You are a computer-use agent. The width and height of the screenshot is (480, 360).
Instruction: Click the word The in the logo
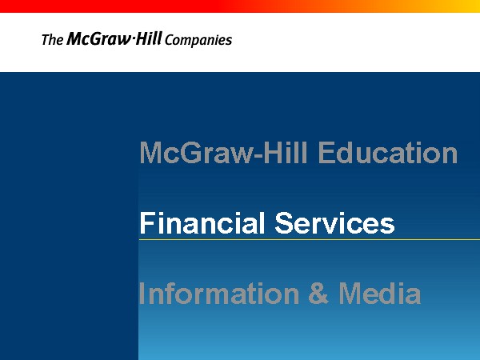(x=52, y=40)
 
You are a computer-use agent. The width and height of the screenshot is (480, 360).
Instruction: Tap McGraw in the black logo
(x=99, y=39)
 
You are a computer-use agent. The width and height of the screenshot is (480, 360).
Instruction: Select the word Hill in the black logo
(x=148, y=38)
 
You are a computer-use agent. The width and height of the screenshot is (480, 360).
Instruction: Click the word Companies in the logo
(x=198, y=41)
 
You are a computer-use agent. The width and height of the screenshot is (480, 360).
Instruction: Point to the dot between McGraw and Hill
(x=133, y=38)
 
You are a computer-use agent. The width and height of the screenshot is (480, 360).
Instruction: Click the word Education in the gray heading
(x=388, y=153)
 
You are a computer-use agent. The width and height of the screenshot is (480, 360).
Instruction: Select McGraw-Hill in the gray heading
(x=223, y=153)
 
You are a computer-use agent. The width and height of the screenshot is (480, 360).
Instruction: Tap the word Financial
(x=202, y=223)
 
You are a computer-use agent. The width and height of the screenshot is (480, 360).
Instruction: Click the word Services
(x=334, y=223)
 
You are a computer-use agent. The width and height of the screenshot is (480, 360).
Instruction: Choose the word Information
(x=219, y=294)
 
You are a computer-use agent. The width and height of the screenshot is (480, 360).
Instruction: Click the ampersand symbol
(x=318, y=294)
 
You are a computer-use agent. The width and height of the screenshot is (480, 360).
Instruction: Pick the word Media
(x=379, y=294)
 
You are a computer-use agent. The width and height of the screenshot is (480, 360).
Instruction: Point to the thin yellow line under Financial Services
(x=310, y=239)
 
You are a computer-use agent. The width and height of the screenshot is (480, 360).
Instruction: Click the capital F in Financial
(x=147, y=223)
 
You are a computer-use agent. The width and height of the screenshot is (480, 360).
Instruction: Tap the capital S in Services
(x=284, y=223)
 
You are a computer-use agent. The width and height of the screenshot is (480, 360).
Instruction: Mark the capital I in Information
(x=142, y=294)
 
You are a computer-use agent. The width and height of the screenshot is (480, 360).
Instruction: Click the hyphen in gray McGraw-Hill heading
(x=258, y=155)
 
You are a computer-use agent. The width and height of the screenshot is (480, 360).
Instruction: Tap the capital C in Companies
(x=169, y=40)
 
